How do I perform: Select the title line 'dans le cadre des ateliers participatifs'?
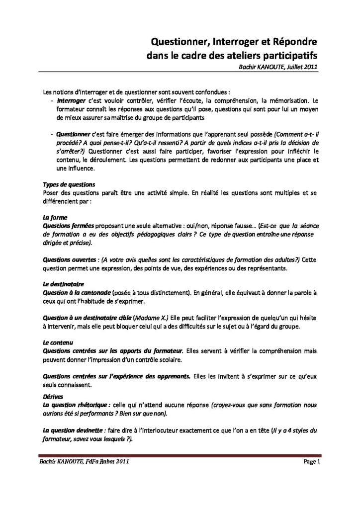[232, 56]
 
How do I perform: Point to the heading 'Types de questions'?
[66, 184]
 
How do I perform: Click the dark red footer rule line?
[180, 455]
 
